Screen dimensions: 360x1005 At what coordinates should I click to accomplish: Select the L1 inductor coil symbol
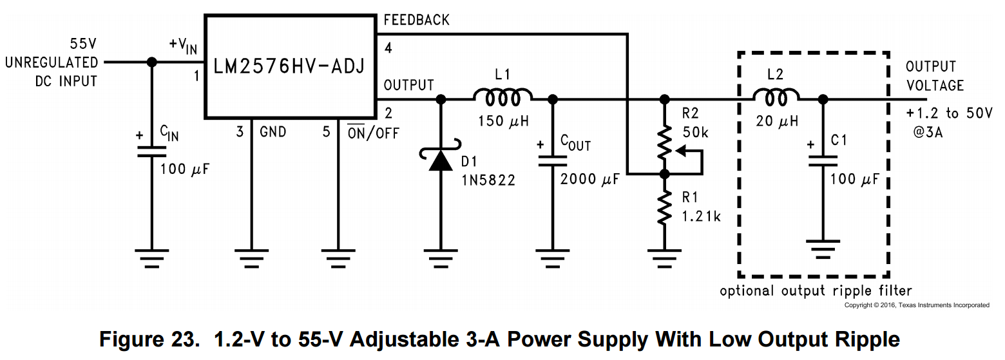(x=503, y=98)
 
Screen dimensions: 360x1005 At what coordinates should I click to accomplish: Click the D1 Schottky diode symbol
(x=441, y=160)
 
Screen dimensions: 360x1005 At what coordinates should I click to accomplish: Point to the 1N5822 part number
(x=488, y=180)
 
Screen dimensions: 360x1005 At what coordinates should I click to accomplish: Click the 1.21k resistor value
(x=701, y=216)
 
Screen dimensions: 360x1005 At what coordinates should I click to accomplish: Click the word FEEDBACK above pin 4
(x=416, y=20)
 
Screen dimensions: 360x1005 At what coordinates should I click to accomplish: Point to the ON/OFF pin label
(x=373, y=133)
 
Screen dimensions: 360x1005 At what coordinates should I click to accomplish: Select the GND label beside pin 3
(x=273, y=133)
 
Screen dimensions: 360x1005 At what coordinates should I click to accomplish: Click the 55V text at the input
(x=84, y=45)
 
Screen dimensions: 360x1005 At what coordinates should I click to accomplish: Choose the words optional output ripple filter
(x=816, y=290)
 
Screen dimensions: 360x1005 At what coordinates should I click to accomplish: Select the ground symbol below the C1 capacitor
(x=823, y=247)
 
